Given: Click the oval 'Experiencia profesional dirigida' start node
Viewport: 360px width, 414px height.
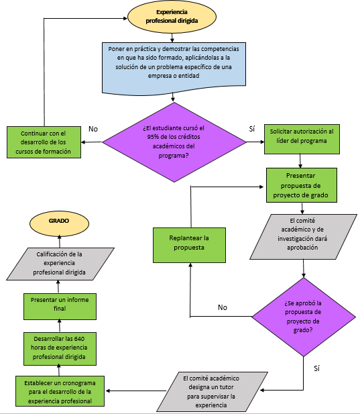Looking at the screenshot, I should click(x=172, y=16).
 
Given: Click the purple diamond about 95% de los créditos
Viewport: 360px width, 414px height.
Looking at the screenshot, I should click(x=174, y=141).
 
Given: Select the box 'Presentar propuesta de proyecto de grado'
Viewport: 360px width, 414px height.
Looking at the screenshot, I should click(x=301, y=185).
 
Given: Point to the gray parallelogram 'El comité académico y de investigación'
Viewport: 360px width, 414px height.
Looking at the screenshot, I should click(x=303, y=237).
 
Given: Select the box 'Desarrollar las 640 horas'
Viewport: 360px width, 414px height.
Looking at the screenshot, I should click(x=60, y=347).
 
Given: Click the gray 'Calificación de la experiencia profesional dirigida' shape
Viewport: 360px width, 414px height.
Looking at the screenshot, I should click(x=60, y=263).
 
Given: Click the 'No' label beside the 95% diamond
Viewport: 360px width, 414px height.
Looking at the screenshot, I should click(x=93, y=129).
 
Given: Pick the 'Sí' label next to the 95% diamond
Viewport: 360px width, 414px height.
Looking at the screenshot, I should click(x=252, y=128).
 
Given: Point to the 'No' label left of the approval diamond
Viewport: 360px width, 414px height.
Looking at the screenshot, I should click(x=223, y=307).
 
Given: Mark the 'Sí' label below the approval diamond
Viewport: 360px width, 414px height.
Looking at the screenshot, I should click(x=317, y=368).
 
